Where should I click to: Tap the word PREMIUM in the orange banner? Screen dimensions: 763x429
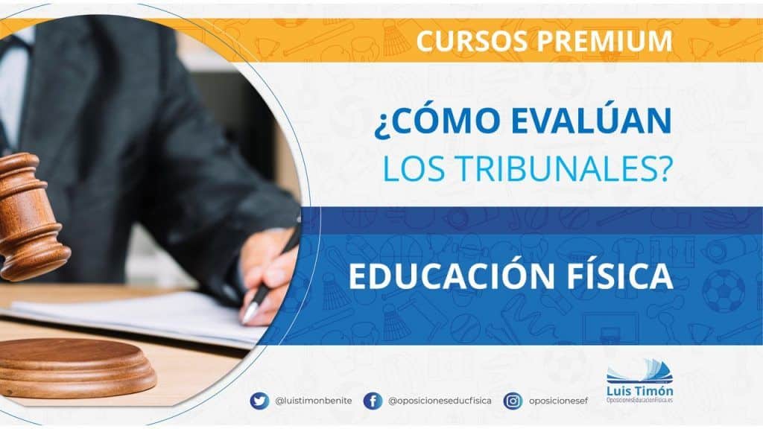click(x=605, y=41)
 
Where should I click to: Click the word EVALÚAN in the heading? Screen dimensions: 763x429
click(x=591, y=121)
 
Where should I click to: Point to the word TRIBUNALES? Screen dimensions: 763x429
click(x=565, y=168)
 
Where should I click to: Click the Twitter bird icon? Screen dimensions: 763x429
click(x=259, y=401)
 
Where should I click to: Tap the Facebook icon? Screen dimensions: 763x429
click(x=373, y=401)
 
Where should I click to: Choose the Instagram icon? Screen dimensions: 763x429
click(x=513, y=401)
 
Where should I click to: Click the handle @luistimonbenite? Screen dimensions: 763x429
click(x=314, y=401)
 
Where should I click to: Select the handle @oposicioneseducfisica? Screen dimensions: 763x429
click(x=440, y=401)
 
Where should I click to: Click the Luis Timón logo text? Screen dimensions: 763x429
click(x=640, y=390)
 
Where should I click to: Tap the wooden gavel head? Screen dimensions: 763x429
click(x=30, y=217)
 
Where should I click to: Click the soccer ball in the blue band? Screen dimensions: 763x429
click(x=724, y=291)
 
